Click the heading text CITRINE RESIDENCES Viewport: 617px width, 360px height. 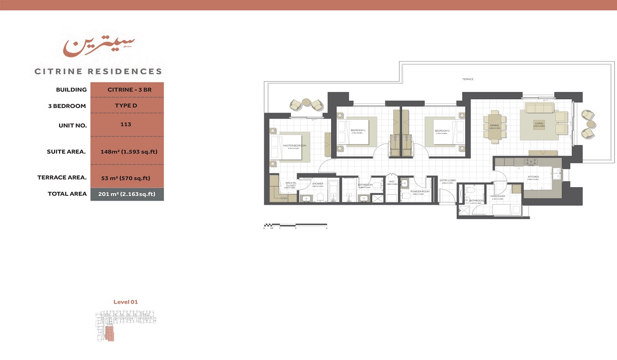[x=98, y=71]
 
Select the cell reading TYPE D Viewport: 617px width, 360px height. [x=126, y=106]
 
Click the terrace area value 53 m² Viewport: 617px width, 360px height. [x=125, y=178]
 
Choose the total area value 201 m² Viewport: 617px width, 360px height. [x=126, y=194]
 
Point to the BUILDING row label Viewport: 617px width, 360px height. [x=71, y=89]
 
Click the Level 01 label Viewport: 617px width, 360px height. [x=125, y=302]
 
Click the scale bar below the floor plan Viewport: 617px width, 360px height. [x=295, y=225]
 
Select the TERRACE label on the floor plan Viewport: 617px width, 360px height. [x=467, y=79]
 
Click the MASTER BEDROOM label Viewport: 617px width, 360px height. [x=295, y=146]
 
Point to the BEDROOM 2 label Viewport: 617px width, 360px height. [x=442, y=131]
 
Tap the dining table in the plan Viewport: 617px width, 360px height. [x=495, y=125]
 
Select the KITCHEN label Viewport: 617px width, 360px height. [x=533, y=177]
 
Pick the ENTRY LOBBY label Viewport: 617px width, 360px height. [x=448, y=181]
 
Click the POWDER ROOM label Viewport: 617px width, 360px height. [x=420, y=191]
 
